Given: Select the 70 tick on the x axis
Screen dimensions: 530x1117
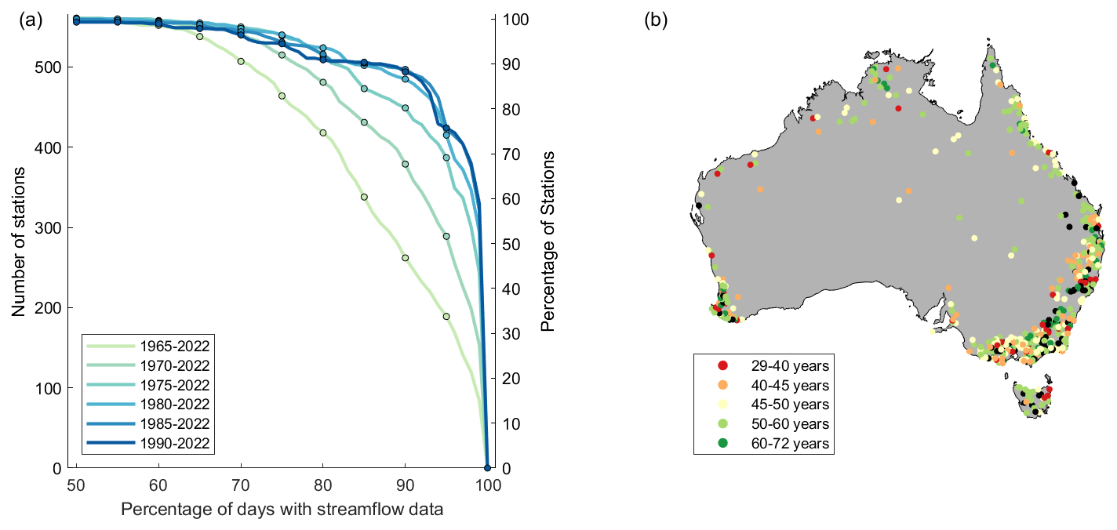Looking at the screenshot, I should point(241,483).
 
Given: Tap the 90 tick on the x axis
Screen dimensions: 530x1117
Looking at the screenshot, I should point(405,483).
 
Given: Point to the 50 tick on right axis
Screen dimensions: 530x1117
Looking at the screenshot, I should point(508,244).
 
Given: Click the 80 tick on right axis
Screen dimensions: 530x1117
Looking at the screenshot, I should point(508,109).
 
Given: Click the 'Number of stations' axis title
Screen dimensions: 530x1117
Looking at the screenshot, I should point(19,244).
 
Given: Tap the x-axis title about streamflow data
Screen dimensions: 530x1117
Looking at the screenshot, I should point(282,510).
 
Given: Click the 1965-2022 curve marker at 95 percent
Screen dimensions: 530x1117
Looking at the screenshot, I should point(446,317).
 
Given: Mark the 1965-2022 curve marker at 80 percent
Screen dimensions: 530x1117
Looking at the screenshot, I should point(323,133).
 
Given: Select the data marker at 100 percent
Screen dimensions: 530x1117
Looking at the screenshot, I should point(487,468).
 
